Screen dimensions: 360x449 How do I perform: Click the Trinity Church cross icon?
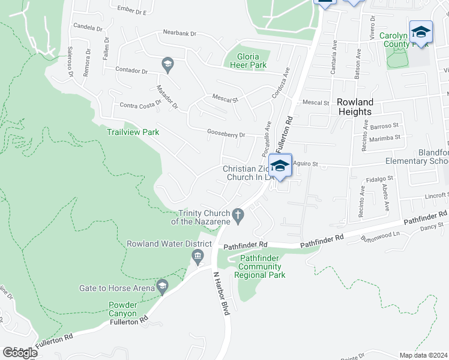click(x=238, y=214)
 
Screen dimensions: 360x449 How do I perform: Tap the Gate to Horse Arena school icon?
click(x=161, y=288)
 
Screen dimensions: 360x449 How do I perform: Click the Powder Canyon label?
click(x=123, y=309)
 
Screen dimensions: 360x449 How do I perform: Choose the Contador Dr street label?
click(x=131, y=70)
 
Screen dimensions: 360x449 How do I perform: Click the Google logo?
click(x=20, y=353)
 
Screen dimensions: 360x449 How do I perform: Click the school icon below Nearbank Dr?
click(x=167, y=62)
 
